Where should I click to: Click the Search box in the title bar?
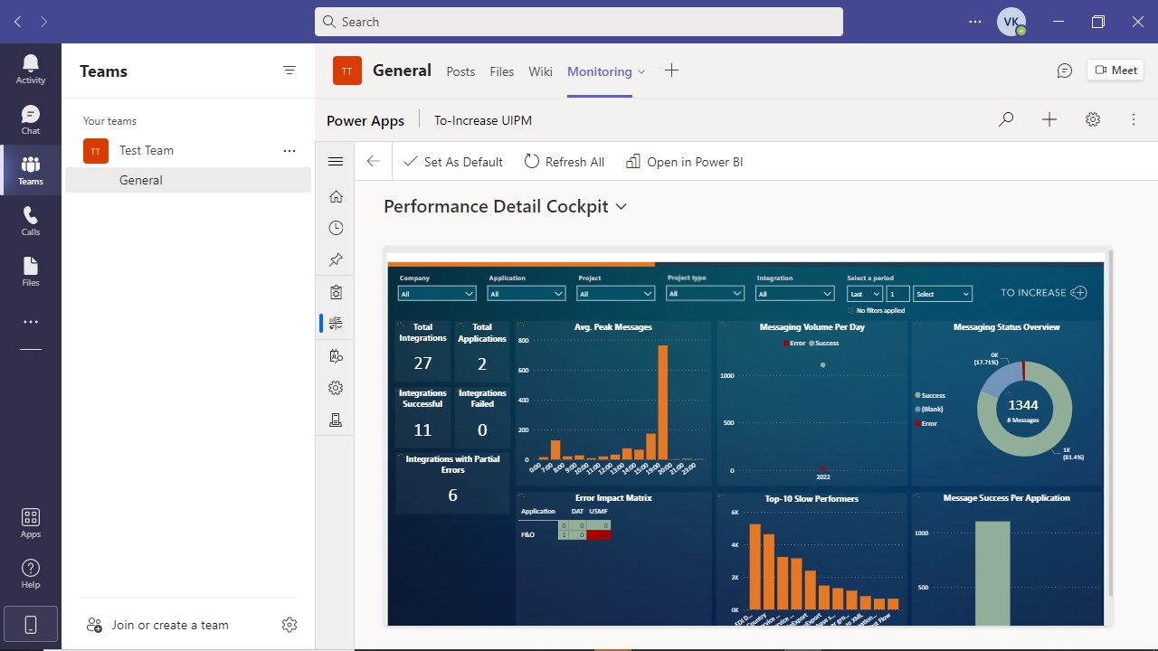coord(579,22)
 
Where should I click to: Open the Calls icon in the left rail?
coord(31,221)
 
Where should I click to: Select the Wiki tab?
coord(540,71)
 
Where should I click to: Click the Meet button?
coord(1115,71)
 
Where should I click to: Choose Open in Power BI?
coord(684,162)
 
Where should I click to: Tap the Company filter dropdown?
coord(437,294)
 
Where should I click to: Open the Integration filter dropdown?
coord(795,294)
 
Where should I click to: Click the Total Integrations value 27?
coord(422,363)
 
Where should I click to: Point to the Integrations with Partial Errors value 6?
coord(452,495)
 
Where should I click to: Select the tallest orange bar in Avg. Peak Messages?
coord(663,402)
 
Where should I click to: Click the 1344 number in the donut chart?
coord(1023,405)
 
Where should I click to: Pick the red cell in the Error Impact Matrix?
coord(599,535)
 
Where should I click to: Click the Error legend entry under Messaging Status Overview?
coord(928,423)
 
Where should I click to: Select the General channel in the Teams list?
coord(141,180)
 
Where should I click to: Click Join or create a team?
coord(170,625)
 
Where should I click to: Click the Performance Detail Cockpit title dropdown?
coord(622,207)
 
